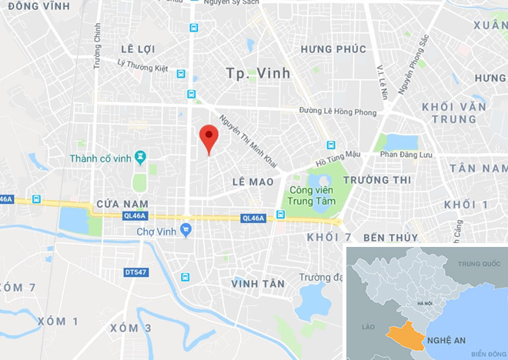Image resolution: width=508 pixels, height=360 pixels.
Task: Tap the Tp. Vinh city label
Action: point(258,73)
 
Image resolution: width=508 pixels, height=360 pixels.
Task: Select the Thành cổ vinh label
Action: point(100,158)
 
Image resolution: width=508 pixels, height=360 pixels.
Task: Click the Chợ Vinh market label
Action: point(152,231)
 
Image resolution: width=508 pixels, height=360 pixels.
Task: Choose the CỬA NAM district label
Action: point(122,204)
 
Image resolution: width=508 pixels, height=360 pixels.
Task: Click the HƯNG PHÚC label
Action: point(333,49)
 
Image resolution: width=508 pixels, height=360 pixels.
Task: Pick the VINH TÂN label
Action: point(258,284)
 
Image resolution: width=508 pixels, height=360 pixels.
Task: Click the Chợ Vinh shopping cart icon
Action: point(185,230)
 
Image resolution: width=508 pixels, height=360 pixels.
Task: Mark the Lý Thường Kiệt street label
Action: point(142,68)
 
